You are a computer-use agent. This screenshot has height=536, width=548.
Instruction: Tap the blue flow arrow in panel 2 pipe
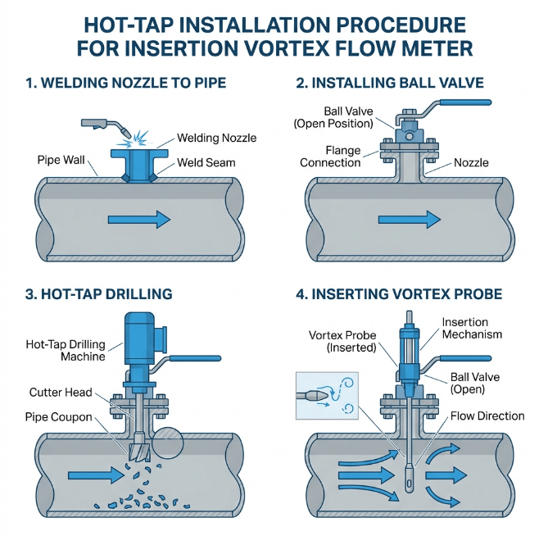point(409,218)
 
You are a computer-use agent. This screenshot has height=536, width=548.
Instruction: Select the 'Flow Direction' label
point(487,416)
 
